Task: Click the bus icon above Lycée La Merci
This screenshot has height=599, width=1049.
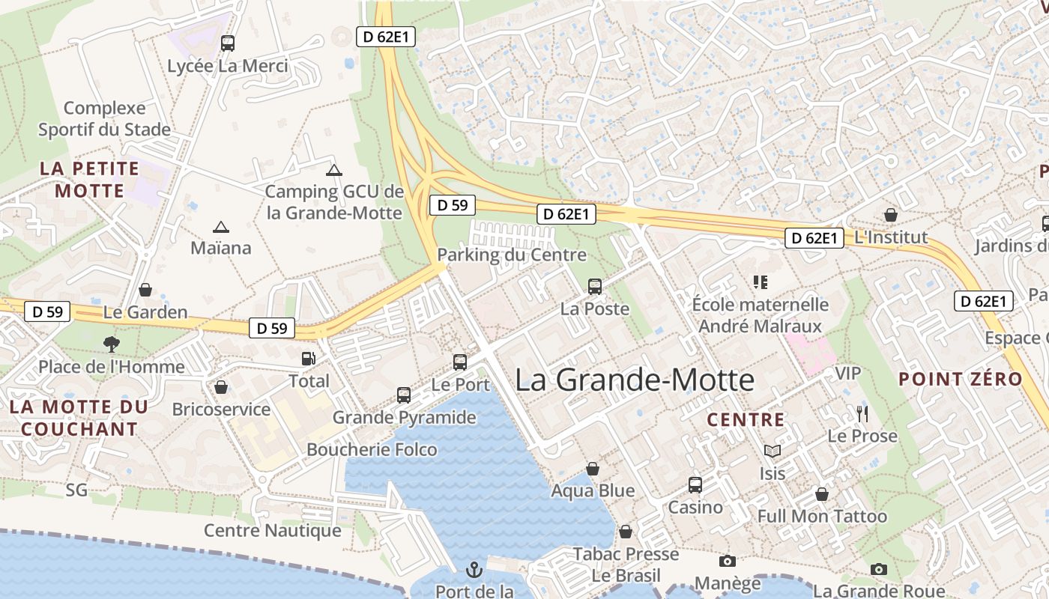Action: [228, 43]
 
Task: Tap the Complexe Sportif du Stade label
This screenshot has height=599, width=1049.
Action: [104, 119]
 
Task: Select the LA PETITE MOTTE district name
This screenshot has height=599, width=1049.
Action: [89, 180]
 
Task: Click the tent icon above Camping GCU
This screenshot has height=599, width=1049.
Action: [334, 170]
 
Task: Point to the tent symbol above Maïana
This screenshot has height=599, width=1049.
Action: [220, 227]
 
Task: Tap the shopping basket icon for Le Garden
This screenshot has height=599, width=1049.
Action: [145, 290]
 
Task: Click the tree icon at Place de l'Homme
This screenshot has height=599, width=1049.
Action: [112, 344]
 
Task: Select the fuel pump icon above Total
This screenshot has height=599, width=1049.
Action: [308, 359]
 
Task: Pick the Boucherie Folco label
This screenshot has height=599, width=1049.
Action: [372, 449]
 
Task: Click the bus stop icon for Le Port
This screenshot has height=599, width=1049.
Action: [460, 362]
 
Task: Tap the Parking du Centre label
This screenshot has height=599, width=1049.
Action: [511, 255]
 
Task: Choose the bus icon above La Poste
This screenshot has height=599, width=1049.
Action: [595, 286]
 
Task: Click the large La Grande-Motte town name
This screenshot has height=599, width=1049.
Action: [635, 380]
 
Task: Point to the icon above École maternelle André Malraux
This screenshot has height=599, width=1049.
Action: [761, 282]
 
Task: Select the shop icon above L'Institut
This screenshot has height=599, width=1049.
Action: [891, 216]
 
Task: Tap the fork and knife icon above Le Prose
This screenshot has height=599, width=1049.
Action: [862, 413]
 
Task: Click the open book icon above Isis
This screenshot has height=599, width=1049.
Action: [773, 451]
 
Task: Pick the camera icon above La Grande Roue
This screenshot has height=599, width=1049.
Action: [879, 569]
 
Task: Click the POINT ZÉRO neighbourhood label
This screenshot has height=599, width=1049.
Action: [961, 379]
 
